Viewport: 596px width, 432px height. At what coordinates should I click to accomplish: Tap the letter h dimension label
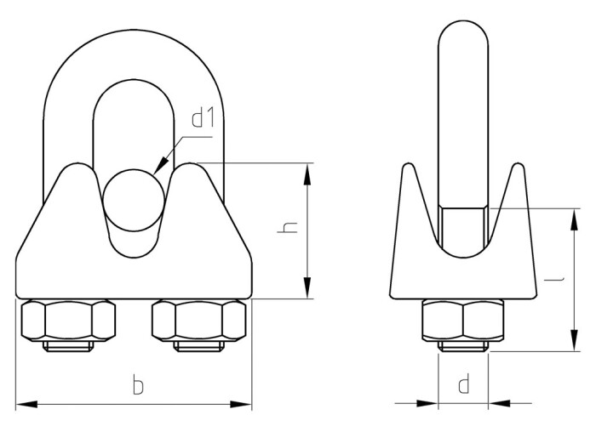(x=288, y=227)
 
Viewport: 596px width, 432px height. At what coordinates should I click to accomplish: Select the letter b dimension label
(x=138, y=384)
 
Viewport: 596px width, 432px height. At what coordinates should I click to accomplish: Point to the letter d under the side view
(x=464, y=384)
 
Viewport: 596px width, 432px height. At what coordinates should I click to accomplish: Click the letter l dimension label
(x=553, y=280)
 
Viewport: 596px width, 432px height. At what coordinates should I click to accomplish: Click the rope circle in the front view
(x=134, y=200)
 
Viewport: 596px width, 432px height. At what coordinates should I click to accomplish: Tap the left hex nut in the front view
(x=68, y=320)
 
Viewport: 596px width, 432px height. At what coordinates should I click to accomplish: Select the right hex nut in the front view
(x=198, y=320)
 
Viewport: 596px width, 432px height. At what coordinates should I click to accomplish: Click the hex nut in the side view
(x=463, y=320)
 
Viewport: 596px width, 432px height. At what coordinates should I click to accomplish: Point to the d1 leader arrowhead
(x=162, y=166)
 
